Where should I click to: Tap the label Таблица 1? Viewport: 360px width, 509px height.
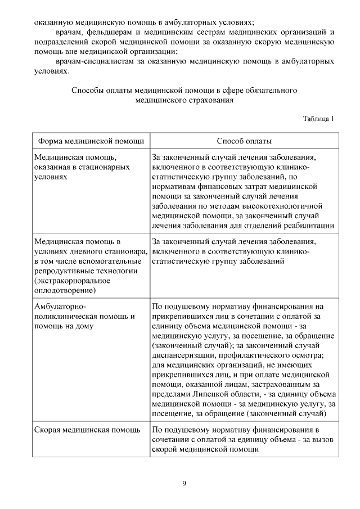[318, 119]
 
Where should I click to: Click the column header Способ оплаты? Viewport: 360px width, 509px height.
[244, 141]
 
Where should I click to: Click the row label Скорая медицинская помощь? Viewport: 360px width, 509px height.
[87, 430]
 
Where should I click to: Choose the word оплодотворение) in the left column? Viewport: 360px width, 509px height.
[65, 290]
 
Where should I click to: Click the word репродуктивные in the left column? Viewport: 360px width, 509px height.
[63, 271]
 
